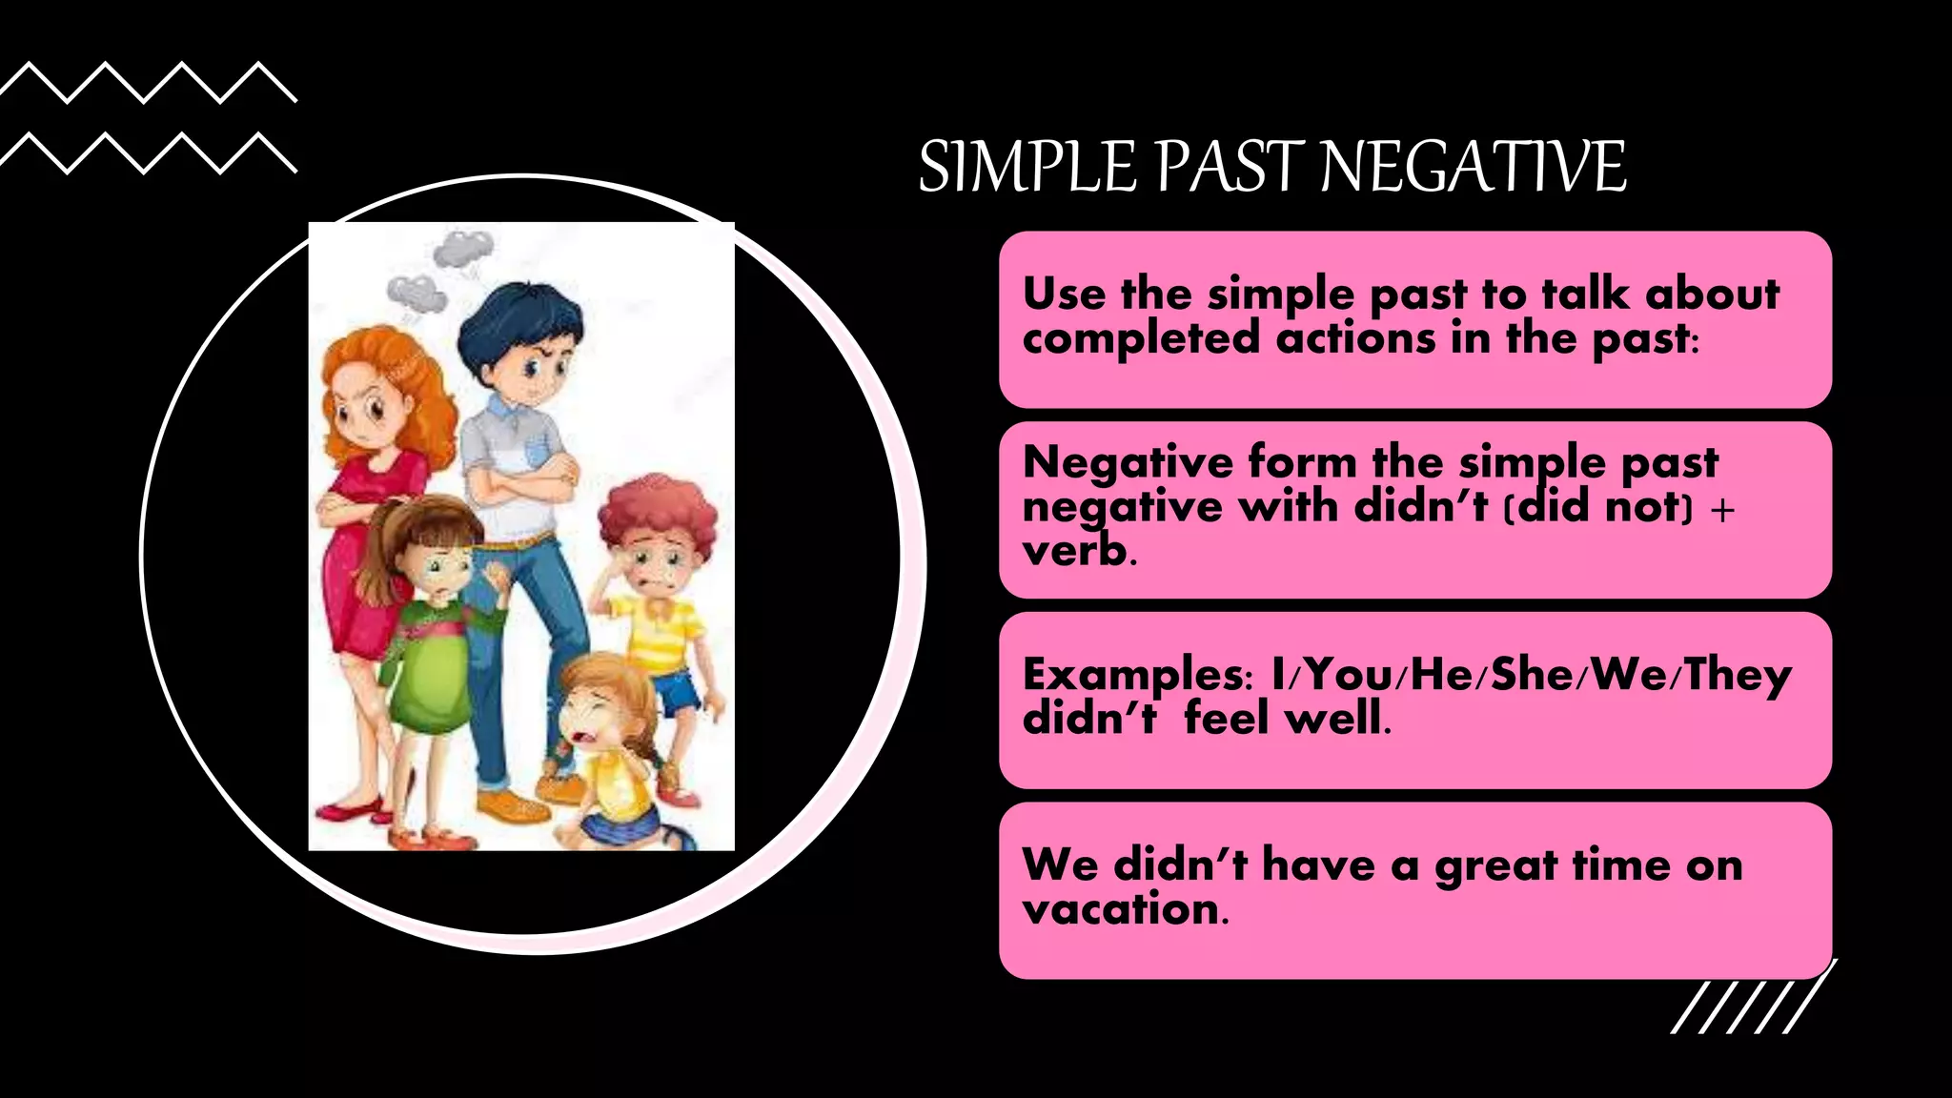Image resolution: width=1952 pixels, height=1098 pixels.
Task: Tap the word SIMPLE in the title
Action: tap(1027, 167)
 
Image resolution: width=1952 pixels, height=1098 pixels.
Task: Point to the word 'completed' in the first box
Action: tap(1140, 338)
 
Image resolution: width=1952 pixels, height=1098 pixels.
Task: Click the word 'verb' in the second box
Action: tap(1074, 550)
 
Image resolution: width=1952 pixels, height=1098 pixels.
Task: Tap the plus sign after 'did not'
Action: tap(1722, 509)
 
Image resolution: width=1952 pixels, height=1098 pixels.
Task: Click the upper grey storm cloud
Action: tap(463, 249)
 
